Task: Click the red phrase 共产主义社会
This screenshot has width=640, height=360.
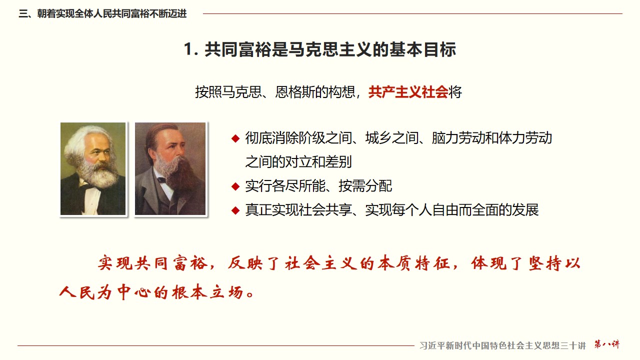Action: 408,92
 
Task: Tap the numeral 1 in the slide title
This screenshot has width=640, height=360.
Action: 189,49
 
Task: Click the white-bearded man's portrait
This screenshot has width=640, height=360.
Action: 93,168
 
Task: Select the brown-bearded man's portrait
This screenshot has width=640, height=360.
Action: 170,168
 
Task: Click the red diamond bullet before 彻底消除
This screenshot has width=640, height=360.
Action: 235,138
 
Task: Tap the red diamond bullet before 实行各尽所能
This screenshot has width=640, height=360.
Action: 235,186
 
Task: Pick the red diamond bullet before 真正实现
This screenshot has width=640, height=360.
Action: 235,210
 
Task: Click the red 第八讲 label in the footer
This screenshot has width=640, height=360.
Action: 607,344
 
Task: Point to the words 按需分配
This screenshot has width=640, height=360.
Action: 365,186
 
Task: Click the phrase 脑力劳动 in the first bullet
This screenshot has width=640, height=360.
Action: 458,138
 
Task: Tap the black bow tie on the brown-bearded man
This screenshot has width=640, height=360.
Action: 161,180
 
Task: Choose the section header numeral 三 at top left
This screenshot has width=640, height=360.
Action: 23,13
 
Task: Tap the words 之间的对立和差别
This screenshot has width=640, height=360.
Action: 298,162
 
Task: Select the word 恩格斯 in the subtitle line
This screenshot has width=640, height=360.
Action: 294,92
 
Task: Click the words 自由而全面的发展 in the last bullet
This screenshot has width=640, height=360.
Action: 485,210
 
